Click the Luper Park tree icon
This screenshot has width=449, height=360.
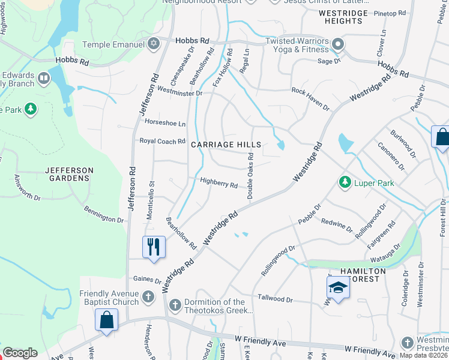345,181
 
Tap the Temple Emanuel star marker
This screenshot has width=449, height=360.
154,44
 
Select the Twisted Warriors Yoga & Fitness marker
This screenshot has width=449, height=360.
337,44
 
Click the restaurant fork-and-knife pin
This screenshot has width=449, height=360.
153,247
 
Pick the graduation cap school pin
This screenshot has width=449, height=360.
338,289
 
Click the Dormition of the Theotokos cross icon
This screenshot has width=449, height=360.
175,305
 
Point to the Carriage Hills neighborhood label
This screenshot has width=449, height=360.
226,145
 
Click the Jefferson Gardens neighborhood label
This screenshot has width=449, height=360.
70,174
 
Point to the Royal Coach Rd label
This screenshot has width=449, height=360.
162,142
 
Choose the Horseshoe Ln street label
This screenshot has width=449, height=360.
165,123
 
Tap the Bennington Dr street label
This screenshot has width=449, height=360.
103,216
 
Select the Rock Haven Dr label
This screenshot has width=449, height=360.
311,98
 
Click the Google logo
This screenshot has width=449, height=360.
20,353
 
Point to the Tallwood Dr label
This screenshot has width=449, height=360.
275,298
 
